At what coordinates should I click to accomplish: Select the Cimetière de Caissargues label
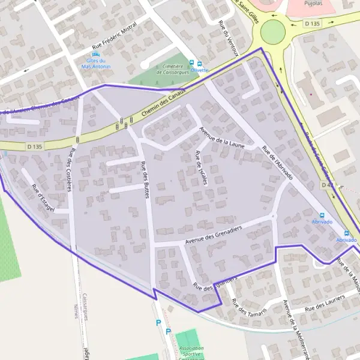pyautogui.click(x=173, y=69)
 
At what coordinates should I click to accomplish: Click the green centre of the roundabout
pyautogui.click(x=273, y=31)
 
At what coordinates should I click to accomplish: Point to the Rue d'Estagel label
pyautogui.click(x=43, y=198)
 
